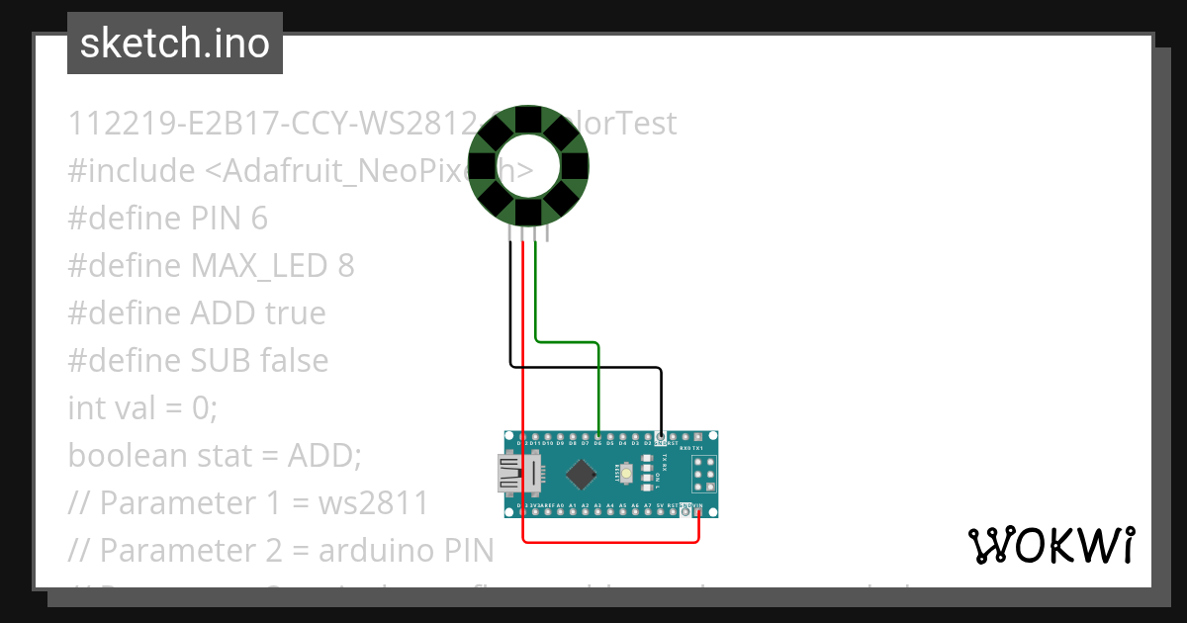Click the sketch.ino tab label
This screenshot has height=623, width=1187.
tap(174, 44)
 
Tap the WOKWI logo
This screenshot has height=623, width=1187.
tap(1050, 545)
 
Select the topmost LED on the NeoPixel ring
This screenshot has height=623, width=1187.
tap(528, 122)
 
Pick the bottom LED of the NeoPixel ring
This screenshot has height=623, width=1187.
tap(528, 213)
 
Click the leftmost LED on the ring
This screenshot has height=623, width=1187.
tap(483, 167)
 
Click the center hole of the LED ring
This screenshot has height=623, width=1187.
tap(528, 167)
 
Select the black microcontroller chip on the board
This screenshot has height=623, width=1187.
tap(581, 476)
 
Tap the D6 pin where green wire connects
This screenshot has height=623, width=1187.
tap(598, 436)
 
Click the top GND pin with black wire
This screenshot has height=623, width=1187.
tap(660, 436)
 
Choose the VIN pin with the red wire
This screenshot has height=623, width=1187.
tap(698, 512)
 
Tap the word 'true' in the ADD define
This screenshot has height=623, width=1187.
tap(295, 312)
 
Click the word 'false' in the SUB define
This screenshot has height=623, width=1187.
tap(294, 360)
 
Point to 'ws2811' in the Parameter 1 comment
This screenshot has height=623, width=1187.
tap(373, 502)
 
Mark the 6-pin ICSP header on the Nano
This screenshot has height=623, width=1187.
tap(698, 475)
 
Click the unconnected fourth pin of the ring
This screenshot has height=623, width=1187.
tap(547, 233)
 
